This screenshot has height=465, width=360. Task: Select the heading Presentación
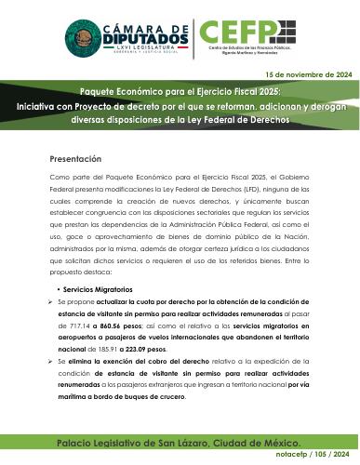coord(76,158)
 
